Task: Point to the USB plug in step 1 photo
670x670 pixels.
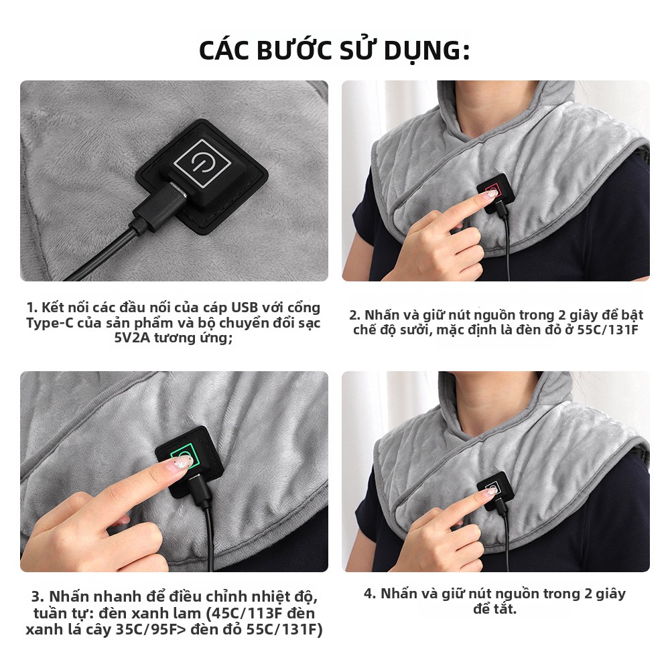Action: pyautogui.click(x=161, y=204)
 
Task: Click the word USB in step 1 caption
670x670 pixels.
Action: pyautogui.click(x=245, y=308)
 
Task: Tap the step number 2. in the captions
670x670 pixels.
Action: pyautogui.click(x=355, y=316)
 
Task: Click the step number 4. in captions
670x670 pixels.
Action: pyautogui.click(x=370, y=594)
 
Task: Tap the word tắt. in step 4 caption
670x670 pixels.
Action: pyautogui.click(x=505, y=609)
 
